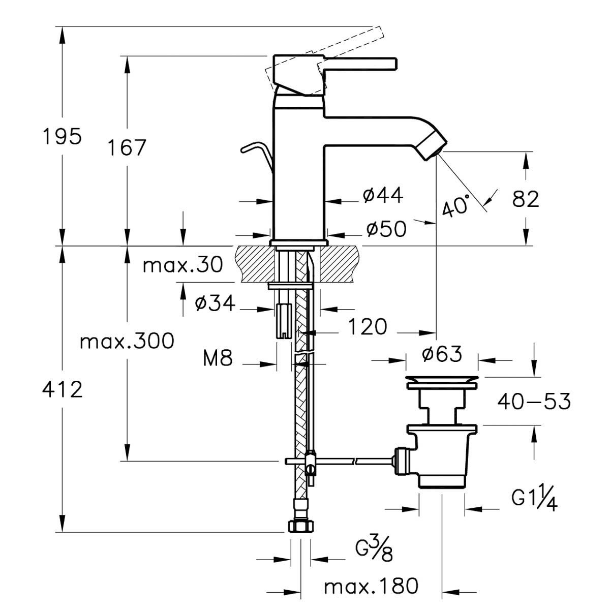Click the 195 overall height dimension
coord(63,136)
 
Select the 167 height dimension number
coord(127,147)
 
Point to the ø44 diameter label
coord(383,195)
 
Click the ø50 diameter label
coord(386,229)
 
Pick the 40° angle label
coord(455,206)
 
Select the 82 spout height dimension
coord(526,199)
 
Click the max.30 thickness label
coord(183,265)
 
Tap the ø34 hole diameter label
coord(215,303)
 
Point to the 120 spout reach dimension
coord(368,326)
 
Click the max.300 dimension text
coord(127,341)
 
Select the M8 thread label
coord(218,358)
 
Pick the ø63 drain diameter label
coord(442,353)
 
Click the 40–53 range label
coord(534,401)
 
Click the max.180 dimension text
coord(371,586)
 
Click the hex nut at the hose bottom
coord(301,527)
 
